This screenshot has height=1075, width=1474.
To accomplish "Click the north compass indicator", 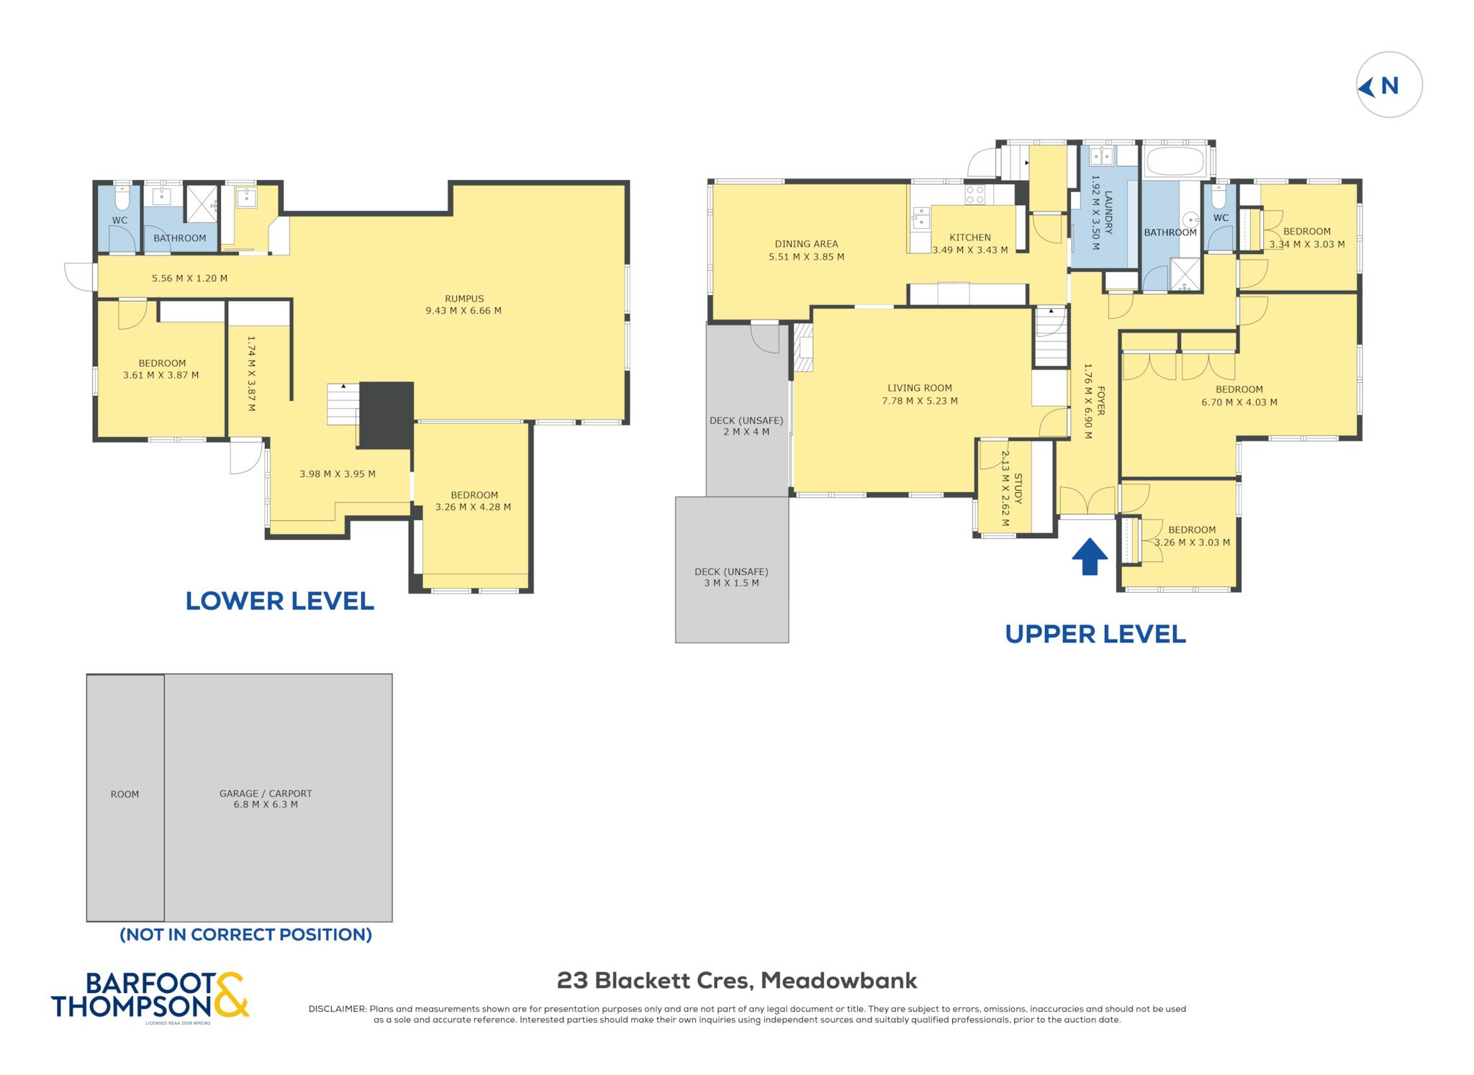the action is click(1388, 85).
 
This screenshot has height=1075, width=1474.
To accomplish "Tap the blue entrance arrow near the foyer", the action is click(1090, 556).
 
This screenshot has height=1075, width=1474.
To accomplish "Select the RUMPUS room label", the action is click(464, 299).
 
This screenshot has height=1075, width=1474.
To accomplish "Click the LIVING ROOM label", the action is click(919, 388).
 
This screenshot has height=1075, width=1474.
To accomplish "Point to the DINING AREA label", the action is click(806, 244).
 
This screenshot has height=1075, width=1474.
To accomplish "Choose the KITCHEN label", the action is click(969, 237).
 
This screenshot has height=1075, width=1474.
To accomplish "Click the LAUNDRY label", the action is click(1108, 212).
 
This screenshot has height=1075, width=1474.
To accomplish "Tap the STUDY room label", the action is click(1018, 489).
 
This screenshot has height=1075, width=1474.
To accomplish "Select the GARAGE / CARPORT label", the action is click(266, 794).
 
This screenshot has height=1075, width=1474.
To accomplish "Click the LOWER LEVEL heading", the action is click(280, 601).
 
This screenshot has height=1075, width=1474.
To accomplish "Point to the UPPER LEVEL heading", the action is click(1095, 634).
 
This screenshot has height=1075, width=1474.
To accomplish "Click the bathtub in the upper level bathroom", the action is click(1175, 162).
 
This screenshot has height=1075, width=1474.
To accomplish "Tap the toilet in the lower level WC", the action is click(122, 197).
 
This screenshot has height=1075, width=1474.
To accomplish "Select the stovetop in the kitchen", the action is click(975, 194).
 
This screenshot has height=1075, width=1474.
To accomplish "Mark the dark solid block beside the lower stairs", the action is click(386, 415).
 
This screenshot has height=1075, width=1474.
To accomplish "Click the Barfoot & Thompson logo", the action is click(150, 996).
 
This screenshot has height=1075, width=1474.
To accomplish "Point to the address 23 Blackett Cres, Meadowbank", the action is click(737, 981).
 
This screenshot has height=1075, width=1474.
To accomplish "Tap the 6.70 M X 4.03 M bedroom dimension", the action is click(1239, 402).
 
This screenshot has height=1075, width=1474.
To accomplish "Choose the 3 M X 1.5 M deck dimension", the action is click(731, 583).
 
